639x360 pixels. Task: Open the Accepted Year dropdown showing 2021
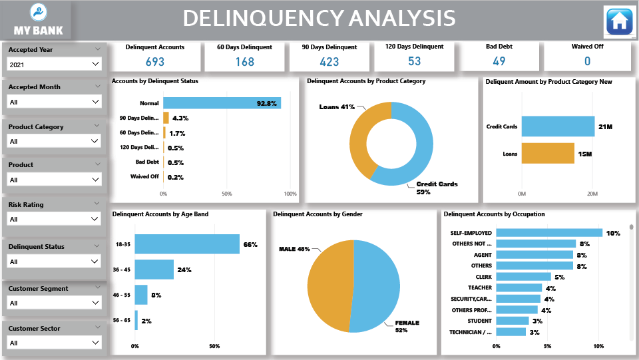(54, 64)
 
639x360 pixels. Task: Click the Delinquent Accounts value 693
(154, 62)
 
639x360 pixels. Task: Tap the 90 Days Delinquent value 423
(329, 62)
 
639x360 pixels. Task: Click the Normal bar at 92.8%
(222, 103)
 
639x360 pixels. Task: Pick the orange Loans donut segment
(360, 140)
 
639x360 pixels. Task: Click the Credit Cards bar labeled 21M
(558, 126)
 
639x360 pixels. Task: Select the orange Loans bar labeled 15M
(547, 154)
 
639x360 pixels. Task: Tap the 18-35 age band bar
(187, 244)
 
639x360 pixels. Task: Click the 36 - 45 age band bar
(154, 270)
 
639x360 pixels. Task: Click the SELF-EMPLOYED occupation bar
(549, 233)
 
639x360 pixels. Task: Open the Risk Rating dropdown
(54, 219)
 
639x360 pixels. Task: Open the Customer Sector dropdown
(54, 343)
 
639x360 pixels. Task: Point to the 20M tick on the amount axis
(592, 194)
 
